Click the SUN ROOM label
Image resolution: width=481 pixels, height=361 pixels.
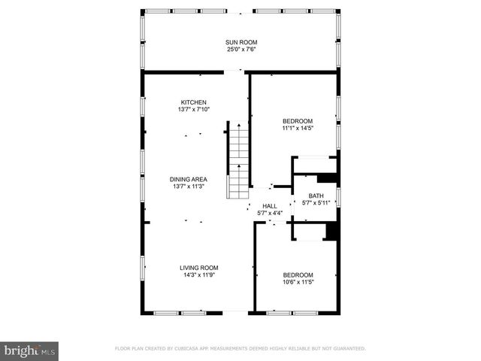[240, 42]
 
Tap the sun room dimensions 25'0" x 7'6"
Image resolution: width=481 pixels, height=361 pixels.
[240, 50]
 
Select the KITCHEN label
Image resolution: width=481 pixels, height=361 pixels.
[193, 102]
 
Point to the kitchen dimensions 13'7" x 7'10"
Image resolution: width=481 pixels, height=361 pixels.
[193, 110]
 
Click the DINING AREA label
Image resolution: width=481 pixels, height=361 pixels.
[189, 179]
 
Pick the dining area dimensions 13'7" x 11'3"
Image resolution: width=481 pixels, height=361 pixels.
[189, 187]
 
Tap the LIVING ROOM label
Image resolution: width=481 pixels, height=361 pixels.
[198, 268]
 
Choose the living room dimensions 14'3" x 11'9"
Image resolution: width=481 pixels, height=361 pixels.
[198, 275]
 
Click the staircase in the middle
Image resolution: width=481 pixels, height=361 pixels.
[238, 161]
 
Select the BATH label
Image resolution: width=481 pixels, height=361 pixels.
[316, 196]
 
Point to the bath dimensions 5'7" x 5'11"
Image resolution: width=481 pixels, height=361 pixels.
[316, 203]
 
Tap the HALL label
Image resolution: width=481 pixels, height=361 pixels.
[270, 205]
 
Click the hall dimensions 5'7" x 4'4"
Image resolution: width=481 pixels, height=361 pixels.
[270, 213]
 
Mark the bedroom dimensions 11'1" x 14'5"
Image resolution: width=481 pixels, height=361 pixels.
[298, 129]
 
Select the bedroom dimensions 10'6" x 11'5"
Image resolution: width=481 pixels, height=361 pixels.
[298, 283]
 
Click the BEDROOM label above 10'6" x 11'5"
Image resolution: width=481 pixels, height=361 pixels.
[298, 275]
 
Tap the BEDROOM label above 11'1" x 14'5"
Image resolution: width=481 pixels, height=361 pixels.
[298, 121]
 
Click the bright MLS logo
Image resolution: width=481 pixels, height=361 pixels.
[30, 350]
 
